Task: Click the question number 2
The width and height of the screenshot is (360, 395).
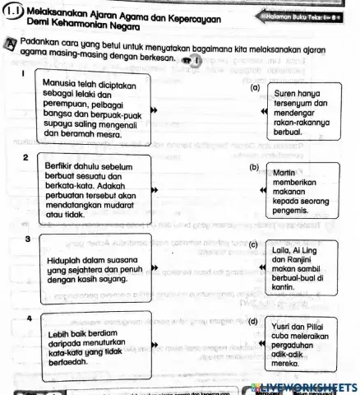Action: [x=26, y=156]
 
